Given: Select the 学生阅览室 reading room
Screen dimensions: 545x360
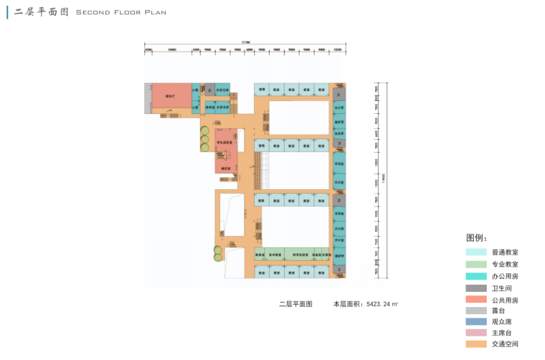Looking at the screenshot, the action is [x=227, y=142].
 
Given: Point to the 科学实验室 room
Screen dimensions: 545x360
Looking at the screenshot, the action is [x=300, y=255].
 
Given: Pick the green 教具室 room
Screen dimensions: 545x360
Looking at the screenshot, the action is [x=260, y=255].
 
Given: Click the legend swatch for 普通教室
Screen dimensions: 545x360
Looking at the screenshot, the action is [x=475, y=252].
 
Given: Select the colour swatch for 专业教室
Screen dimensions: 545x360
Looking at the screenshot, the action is [x=475, y=265].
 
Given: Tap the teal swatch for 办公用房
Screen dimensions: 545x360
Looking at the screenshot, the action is [x=475, y=276].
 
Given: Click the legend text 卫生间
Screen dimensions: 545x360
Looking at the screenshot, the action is [x=501, y=288].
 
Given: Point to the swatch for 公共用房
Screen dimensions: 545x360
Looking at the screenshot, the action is [x=475, y=300].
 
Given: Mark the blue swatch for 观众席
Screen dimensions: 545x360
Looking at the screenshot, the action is [x=475, y=322].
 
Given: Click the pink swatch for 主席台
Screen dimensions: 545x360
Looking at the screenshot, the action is [x=475, y=333].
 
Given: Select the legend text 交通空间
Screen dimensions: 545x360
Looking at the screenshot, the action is [x=505, y=344].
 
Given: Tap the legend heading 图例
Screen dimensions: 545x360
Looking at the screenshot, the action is [x=476, y=237].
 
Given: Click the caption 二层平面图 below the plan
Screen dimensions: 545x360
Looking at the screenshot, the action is [x=295, y=304].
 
